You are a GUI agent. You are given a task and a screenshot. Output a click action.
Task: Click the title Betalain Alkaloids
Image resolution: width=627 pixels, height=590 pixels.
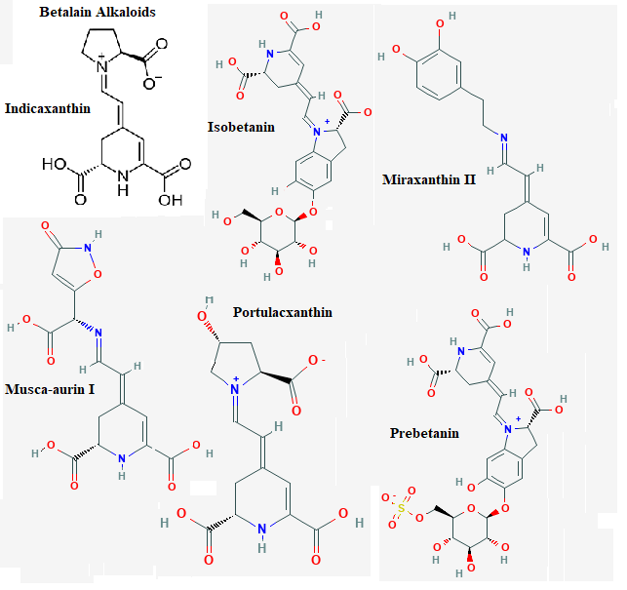[98, 12]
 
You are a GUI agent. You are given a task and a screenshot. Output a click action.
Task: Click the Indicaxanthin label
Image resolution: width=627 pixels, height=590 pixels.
[48, 109]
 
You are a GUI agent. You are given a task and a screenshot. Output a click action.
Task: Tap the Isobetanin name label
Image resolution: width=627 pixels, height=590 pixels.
[241, 127]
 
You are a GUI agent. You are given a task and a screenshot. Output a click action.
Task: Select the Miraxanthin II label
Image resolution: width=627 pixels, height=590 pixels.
[429, 179]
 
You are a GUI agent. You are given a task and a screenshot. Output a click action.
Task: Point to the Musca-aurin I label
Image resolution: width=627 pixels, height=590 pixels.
[50, 389]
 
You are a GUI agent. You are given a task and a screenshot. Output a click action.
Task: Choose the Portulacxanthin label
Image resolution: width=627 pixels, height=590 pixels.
[283, 312]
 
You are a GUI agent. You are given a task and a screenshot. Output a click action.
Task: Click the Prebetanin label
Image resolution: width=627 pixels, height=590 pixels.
[424, 433]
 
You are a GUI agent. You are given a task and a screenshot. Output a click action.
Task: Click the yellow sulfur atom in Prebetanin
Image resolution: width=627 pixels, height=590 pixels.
[402, 508]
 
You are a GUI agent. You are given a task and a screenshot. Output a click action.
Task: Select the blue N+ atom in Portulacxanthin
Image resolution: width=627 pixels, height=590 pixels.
[235, 387]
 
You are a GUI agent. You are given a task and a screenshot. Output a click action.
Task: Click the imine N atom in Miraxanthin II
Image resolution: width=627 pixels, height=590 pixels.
[504, 138]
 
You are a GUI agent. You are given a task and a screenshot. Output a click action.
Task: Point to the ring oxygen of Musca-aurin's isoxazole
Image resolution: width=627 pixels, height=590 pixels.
[98, 274]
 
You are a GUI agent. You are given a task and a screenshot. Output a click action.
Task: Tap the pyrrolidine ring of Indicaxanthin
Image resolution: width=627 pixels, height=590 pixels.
[101, 45]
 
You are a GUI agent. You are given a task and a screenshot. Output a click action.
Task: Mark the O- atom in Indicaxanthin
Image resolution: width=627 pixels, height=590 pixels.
[152, 82]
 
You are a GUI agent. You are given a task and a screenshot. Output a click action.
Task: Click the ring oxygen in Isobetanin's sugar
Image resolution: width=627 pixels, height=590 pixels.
[279, 213]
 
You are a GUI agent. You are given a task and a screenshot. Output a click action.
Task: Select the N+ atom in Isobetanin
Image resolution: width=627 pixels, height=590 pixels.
[318, 130]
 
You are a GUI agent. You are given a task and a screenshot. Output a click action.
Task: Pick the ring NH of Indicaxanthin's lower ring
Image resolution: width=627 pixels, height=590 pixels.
[123, 182]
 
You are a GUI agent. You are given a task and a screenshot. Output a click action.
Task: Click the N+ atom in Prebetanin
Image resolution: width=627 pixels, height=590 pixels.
[509, 428]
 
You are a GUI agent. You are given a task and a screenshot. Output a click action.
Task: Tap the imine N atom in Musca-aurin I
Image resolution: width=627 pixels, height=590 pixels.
[98, 333]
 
